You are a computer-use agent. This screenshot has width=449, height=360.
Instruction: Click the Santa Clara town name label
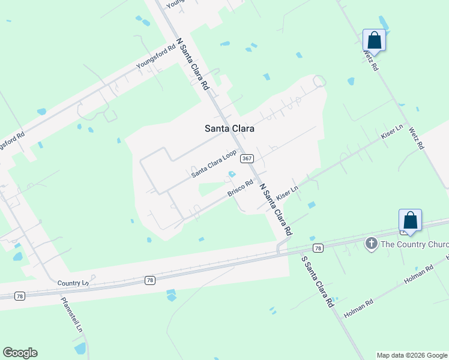coord(229,128)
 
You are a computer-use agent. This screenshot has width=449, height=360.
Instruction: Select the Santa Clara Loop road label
coord(214,164)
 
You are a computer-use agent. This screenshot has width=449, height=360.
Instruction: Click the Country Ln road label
coord(73,283)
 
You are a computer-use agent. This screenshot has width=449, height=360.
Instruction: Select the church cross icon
coord(372,243)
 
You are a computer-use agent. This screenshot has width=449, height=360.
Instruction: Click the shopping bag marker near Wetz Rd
coord(374,41)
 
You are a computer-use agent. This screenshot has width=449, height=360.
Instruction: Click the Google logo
coord(20,353)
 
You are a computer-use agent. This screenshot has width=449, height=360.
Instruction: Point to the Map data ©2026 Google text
coord(412,355)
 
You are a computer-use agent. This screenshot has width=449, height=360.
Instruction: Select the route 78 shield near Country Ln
coord(149,280)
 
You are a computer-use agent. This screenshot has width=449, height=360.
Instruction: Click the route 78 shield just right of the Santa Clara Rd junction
coord(318,248)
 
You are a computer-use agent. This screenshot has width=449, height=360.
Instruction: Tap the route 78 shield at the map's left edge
coord(20,296)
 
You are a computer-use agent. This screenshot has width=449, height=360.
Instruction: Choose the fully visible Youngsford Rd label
coord(155,56)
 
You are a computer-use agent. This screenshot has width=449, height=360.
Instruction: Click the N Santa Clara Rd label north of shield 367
coord(191,65)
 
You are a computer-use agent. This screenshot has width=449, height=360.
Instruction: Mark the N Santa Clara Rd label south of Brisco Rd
coord(276,209)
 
